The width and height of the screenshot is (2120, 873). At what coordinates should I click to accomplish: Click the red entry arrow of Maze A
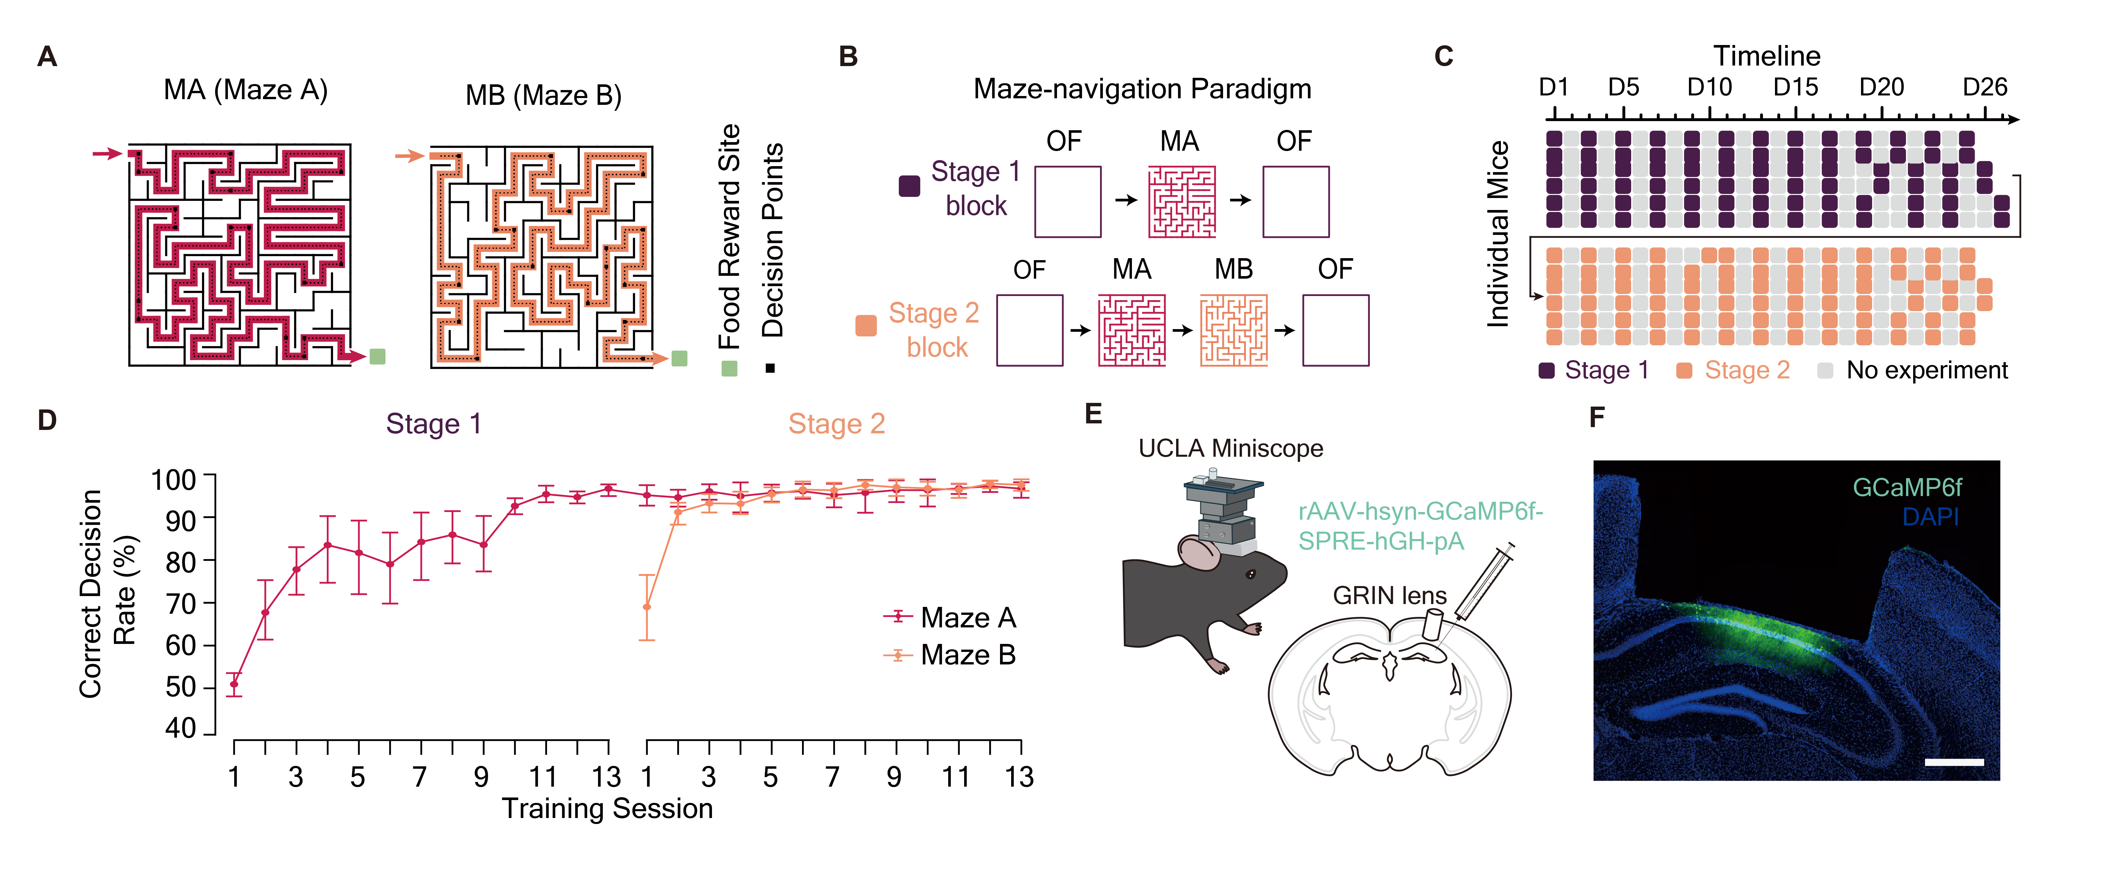107,153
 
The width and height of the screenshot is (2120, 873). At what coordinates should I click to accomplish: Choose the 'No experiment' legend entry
1926,370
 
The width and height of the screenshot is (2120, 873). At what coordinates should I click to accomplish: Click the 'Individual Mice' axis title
1498,234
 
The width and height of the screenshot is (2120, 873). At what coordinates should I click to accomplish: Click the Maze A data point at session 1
234,684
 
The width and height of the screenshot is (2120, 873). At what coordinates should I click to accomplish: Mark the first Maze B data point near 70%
647,607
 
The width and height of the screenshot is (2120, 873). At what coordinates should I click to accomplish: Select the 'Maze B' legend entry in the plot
967,655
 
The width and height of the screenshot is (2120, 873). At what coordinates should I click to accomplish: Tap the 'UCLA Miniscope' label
1230,448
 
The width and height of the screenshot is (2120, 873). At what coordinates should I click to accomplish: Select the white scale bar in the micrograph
1954,762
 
